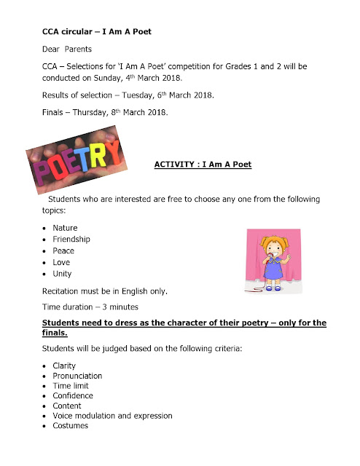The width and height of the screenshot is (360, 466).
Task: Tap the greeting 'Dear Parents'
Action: tap(66, 50)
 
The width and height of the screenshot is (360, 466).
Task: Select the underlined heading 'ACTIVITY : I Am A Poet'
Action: tap(203, 165)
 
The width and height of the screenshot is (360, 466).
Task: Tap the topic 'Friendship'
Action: tap(72, 240)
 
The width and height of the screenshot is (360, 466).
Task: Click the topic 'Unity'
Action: tap(62, 274)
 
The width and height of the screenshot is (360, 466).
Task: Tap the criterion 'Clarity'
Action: tap(64, 366)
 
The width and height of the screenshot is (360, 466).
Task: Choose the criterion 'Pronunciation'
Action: tap(77, 376)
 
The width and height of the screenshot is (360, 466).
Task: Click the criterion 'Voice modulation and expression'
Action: tap(112, 416)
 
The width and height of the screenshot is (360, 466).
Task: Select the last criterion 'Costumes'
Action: tap(71, 426)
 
